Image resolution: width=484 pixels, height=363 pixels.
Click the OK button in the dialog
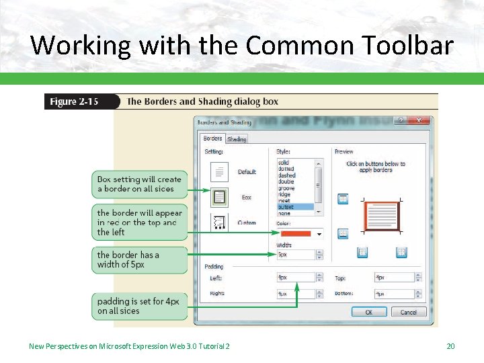pos(368,312)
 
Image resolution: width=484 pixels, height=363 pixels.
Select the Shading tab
pos(237,139)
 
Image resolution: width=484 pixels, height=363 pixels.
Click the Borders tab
pos(212,138)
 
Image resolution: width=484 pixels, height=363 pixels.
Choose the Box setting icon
pos(219,198)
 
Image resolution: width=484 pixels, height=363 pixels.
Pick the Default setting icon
pos(219,172)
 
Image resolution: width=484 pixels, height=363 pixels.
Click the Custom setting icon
pos(219,221)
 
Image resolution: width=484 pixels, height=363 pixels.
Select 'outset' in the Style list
pos(286,207)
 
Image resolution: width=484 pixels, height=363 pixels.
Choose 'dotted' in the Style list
pos(286,169)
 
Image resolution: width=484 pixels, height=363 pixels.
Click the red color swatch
pos(294,233)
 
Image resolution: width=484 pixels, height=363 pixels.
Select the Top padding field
pos(393,277)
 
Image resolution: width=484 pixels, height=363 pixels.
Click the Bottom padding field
pos(393,294)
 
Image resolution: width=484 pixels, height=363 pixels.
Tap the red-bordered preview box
pos(381,216)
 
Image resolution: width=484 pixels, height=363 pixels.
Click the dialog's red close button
pos(421,121)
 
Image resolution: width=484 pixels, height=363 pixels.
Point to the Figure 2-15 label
pos(74,102)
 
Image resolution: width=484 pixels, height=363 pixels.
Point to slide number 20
pos(450,346)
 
